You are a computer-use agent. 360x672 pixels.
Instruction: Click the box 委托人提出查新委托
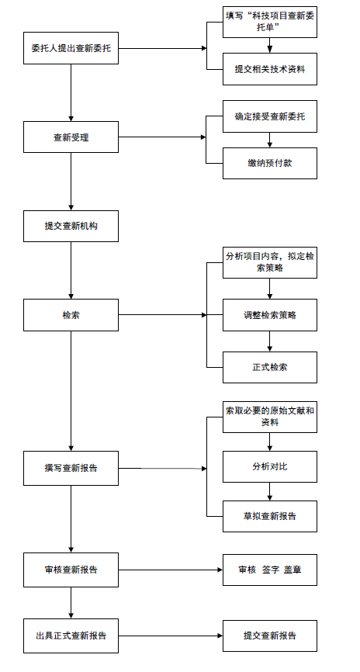71,48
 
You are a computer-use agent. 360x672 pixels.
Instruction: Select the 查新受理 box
71,137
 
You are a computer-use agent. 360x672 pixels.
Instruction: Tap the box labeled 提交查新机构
71,226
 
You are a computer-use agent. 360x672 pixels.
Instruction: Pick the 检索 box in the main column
71,315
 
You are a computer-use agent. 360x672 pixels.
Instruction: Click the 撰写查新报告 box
71,468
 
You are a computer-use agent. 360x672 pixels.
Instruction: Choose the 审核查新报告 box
71,570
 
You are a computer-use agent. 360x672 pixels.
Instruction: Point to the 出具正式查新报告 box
71,636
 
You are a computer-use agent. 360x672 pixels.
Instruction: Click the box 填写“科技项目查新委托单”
270,22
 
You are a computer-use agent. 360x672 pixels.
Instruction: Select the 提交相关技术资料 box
270,69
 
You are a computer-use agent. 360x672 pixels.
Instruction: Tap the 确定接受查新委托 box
270,116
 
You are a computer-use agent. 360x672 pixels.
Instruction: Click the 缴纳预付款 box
270,163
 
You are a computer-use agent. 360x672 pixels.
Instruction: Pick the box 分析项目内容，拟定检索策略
270,262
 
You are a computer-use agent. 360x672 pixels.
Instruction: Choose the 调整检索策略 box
270,315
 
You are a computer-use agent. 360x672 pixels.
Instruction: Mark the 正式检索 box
270,367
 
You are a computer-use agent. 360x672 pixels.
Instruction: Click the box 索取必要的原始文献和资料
270,417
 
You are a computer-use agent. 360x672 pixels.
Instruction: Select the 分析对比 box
270,466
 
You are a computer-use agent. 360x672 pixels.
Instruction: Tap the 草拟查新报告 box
270,516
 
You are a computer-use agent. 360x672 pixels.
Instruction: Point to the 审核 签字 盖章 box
270,570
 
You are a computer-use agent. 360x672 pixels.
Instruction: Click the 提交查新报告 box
270,636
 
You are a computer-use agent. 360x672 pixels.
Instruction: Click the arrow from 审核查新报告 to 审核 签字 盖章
171,570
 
